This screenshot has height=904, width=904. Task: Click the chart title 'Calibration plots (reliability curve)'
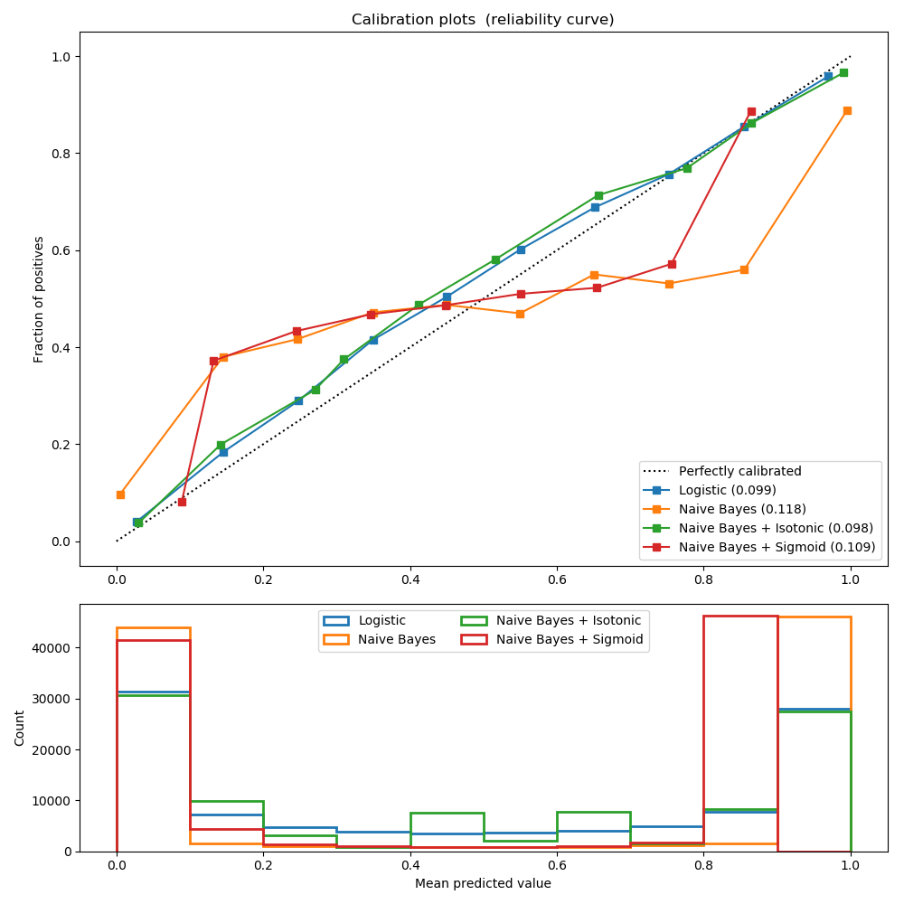point(483,20)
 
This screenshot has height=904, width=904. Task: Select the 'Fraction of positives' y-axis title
point(39,299)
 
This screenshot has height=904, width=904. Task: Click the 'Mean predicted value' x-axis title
point(483,883)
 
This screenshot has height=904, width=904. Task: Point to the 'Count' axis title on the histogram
point(20,728)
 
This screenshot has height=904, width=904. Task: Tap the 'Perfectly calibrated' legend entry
point(739,471)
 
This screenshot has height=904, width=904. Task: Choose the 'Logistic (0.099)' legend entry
point(727,490)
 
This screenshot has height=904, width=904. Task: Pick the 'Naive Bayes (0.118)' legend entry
point(742,509)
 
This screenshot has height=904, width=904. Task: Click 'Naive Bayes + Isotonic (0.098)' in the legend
point(776,528)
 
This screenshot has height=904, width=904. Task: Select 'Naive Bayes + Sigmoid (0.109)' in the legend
point(777,547)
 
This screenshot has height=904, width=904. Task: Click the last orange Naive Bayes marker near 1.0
point(847,110)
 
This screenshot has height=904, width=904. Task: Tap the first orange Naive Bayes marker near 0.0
point(120,494)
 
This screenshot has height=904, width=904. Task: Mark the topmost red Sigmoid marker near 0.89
point(751,112)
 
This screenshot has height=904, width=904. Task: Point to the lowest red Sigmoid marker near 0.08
point(182,502)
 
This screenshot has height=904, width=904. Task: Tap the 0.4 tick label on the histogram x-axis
point(410,865)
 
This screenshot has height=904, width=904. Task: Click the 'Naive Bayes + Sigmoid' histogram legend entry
point(570,639)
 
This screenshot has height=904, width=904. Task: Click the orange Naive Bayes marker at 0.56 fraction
point(744,269)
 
